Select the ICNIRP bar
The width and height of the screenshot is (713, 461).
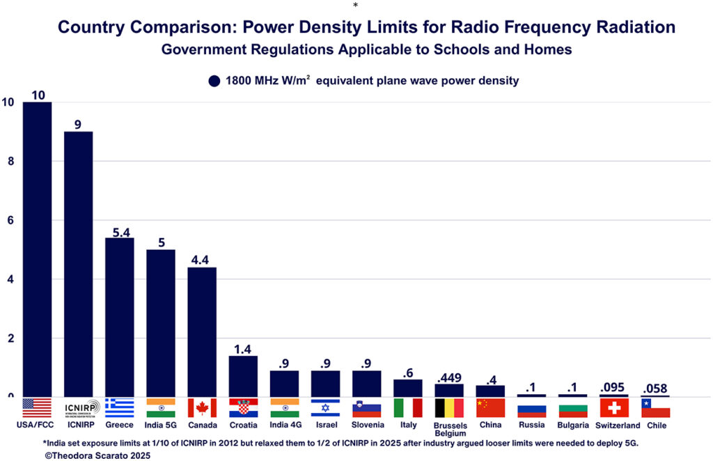pos(78,265)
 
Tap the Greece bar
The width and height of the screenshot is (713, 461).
pos(119,317)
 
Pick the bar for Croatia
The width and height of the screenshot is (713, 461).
pos(243,376)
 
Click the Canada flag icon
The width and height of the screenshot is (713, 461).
pos(202,407)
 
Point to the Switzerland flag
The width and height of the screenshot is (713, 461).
pos(613,407)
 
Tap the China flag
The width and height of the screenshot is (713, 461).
pos(490,407)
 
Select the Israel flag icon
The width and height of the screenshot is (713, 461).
pos(325,407)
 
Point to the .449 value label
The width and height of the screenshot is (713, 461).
pos(449,378)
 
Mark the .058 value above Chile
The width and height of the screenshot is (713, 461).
pos(655,389)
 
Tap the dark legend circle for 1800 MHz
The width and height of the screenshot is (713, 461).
pos(214,81)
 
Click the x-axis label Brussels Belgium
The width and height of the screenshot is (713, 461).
pos(450,429)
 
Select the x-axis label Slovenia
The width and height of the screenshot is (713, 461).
pos(366,425)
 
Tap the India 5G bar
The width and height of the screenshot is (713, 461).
pos(160,324)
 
